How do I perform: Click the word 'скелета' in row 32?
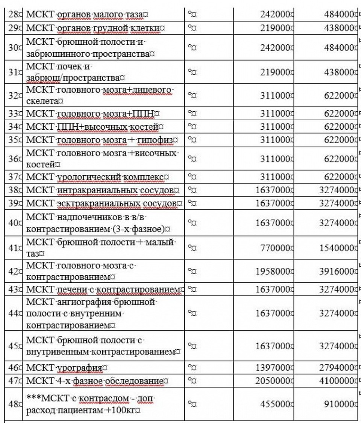[x=41, y=101]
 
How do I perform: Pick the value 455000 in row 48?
[x=276, y=404]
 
